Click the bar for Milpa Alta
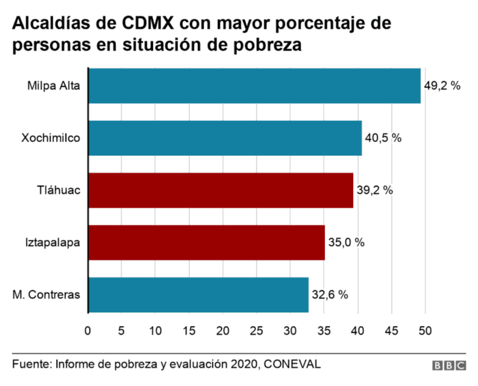254,86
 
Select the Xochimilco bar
225,138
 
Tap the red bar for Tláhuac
221,190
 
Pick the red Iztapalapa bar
206,243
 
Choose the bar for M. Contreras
198,294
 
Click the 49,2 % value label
442,87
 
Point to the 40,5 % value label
383,139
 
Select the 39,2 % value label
374,191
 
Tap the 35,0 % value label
346,243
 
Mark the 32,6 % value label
330,295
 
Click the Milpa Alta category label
54,87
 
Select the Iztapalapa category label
53,243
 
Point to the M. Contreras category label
46,295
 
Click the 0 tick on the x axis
87,331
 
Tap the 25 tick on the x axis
256,331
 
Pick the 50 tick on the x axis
425,331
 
